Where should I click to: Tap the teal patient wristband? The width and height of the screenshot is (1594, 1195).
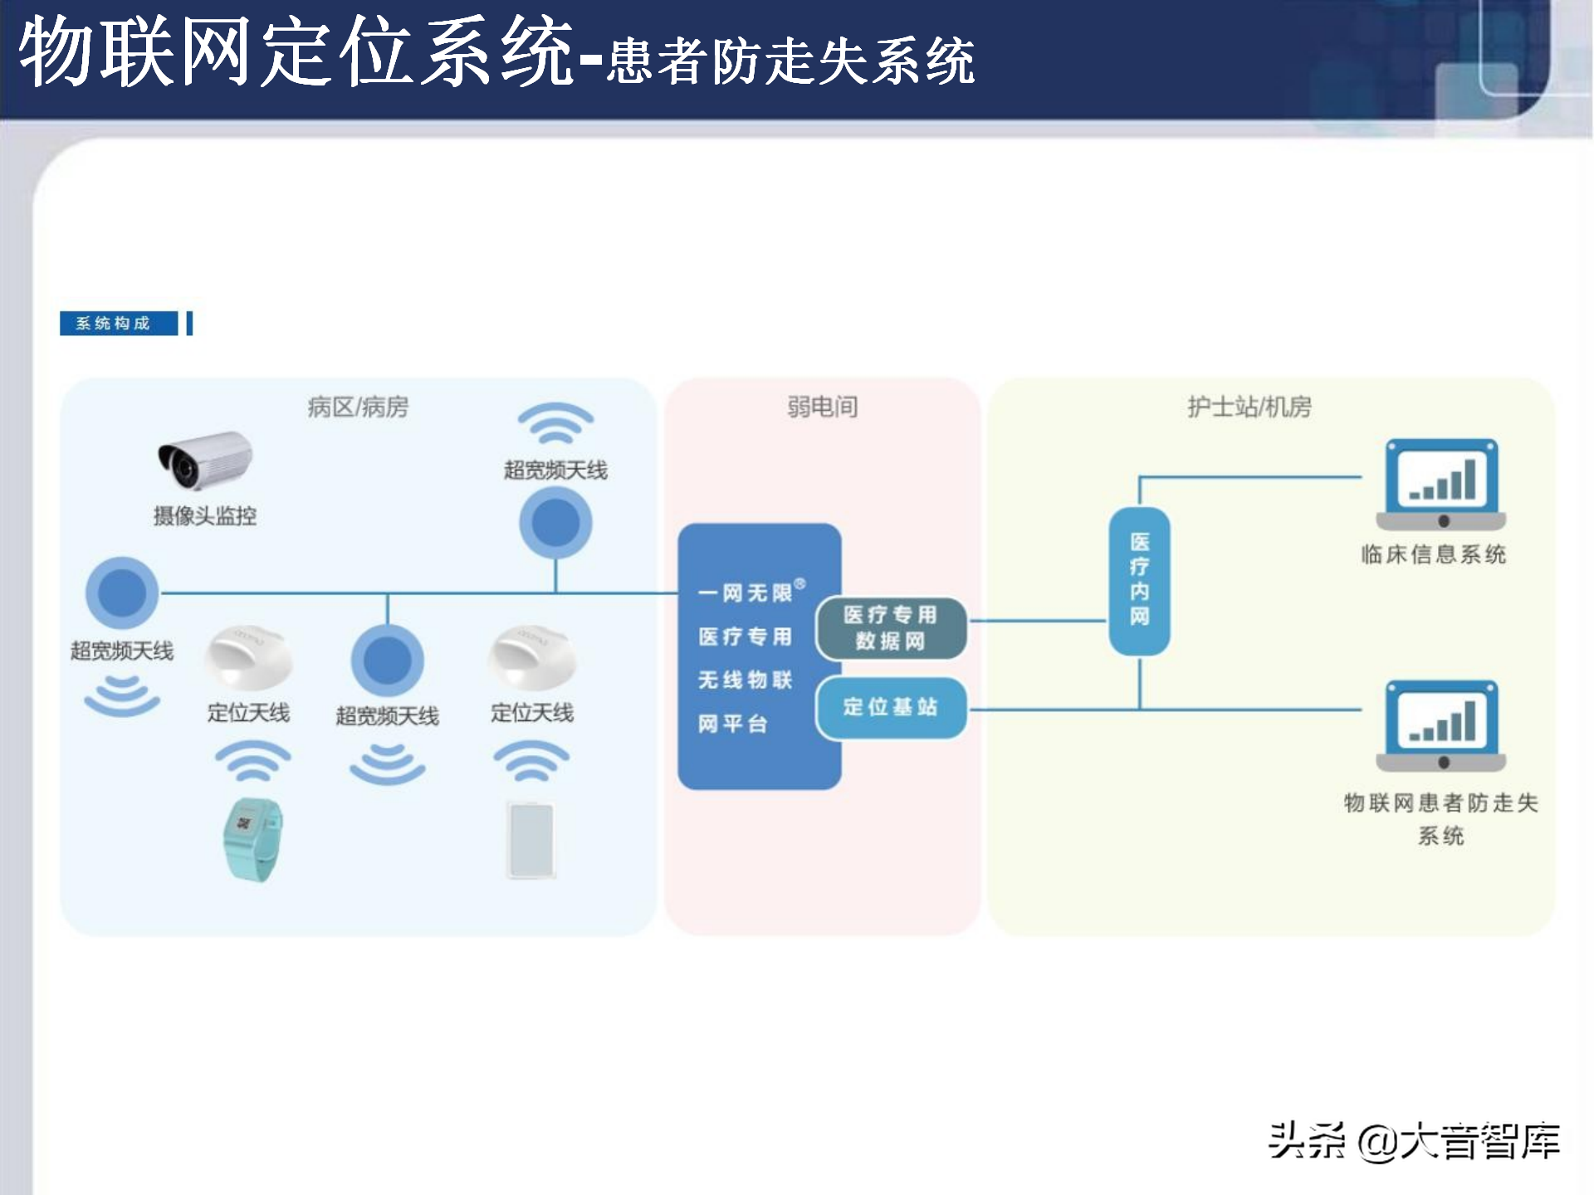pos(252,840)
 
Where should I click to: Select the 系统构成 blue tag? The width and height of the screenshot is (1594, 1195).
pos(119,323)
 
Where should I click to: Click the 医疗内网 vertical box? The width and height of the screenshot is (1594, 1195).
pos(1139,580)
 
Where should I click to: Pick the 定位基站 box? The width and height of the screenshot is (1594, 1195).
pos(891,707)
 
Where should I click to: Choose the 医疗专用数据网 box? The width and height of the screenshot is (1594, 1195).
pos(891,628)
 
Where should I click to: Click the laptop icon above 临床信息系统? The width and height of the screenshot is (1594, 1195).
pos(1441,485)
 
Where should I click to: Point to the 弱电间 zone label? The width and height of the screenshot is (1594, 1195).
pos(822,407)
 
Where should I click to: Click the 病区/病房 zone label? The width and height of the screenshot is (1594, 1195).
pos(358,407)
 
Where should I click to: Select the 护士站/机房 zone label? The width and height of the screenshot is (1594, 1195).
pos(1249,407)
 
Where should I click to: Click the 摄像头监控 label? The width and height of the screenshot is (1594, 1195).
pos(205,515)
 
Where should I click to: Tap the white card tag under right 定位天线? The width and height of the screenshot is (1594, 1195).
pos(531,840)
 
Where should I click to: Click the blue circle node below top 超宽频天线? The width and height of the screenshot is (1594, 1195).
pos(555,523)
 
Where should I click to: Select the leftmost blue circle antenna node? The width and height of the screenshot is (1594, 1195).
pos(122,593)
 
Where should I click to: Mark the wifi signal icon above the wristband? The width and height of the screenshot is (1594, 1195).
pos(252,760)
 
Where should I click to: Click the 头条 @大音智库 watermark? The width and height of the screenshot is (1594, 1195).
pos(1414,1142)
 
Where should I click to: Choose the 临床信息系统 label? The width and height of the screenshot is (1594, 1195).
pos(1433,554)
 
